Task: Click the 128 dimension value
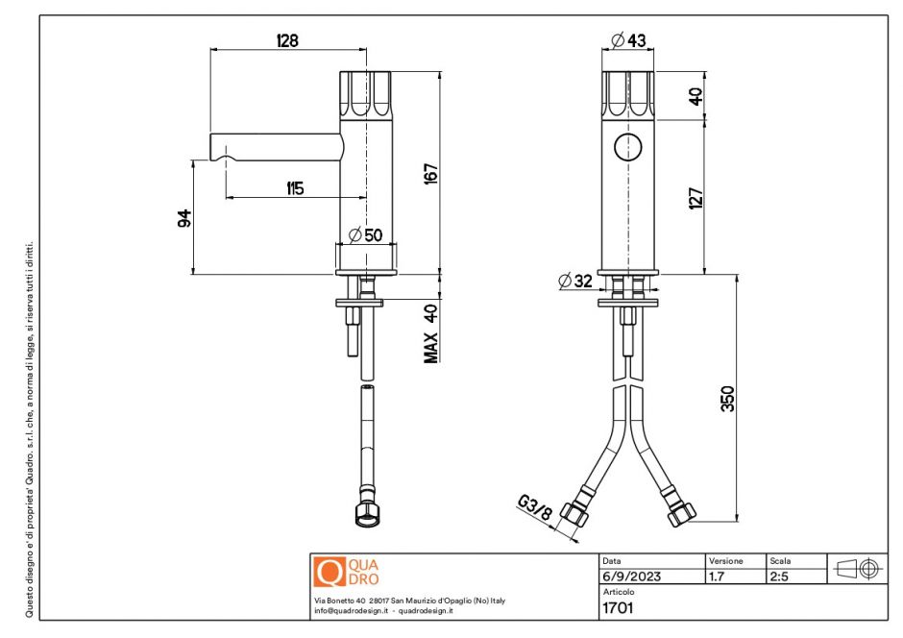click(x=286, y=40)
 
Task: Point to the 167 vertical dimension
click(x=431, y=174)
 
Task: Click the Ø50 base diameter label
click(x=365, y=235)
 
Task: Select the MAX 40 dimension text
click(x=431, y=333)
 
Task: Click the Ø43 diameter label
click(x=628, y=40)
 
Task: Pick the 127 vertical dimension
click(x=697, y=197)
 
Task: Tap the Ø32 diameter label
click(x=575, y=281)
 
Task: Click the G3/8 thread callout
click(x=534, y=507)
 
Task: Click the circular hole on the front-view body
click(x=628, y=147)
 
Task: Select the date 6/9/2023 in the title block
click(x=630, y=577)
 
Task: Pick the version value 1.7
click(x=716, y=577)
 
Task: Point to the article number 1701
click(x=616, y=607)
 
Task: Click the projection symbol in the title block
click(x=858, y=568)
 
